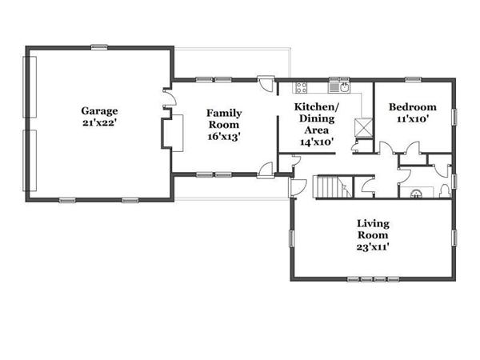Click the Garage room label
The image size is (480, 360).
[x=99, y=111]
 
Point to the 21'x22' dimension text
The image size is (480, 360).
[x=99, y=122]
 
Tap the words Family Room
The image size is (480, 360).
[x=224, y=118]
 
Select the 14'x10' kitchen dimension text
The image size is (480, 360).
[x=317, y=142]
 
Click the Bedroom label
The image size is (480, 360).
[x=412, y=107]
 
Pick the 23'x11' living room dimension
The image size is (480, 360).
[x=373, y=246]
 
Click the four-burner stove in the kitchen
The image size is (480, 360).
[x=302, y=87]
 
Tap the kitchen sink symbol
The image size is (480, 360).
[x=339, y=87]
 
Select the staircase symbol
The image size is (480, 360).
[x=333, y=186]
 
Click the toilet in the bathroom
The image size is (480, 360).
[x=444, y=191]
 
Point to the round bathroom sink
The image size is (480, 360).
[x=416, y=194]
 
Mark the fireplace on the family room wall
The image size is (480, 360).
[x=172, y=133]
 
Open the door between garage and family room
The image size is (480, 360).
[x=170, y=98]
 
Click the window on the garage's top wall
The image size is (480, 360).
[x=99, y=47]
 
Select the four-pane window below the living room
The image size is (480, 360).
[x=374, y=279]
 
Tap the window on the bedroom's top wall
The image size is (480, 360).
[x=413, y=79]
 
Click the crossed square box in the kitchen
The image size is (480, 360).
[x=363, y=127]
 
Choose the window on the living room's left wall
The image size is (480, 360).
[x=291, y=238]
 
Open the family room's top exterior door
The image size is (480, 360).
[x=265, y=83]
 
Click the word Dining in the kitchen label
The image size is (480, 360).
[x=317, y=118]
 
